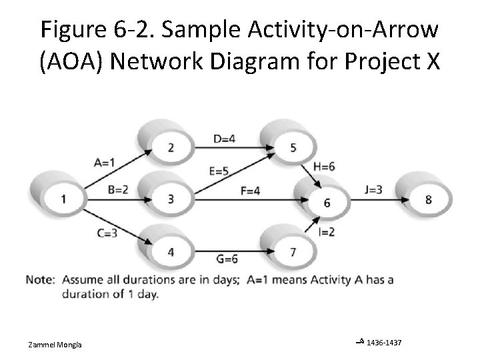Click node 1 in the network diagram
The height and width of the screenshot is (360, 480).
tap(63, 199)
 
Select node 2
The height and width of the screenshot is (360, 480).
tap(171, 147)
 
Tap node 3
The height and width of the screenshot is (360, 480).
tap(171, 199)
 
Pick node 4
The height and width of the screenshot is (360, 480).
tap(171, 251)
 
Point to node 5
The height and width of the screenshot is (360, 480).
tap(293, 147)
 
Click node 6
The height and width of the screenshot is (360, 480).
tap(326, 203)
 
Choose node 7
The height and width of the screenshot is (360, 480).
tap(293, 251)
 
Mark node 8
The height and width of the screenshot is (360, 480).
tap(428, 199)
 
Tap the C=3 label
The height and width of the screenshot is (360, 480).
tap(106, 232)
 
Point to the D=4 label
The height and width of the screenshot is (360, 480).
tap(225, 139)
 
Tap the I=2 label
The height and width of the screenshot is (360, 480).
tap(326, 232)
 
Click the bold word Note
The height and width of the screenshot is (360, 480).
tap(40, 279)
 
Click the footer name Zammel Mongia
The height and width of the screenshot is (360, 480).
tap(55, 344)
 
